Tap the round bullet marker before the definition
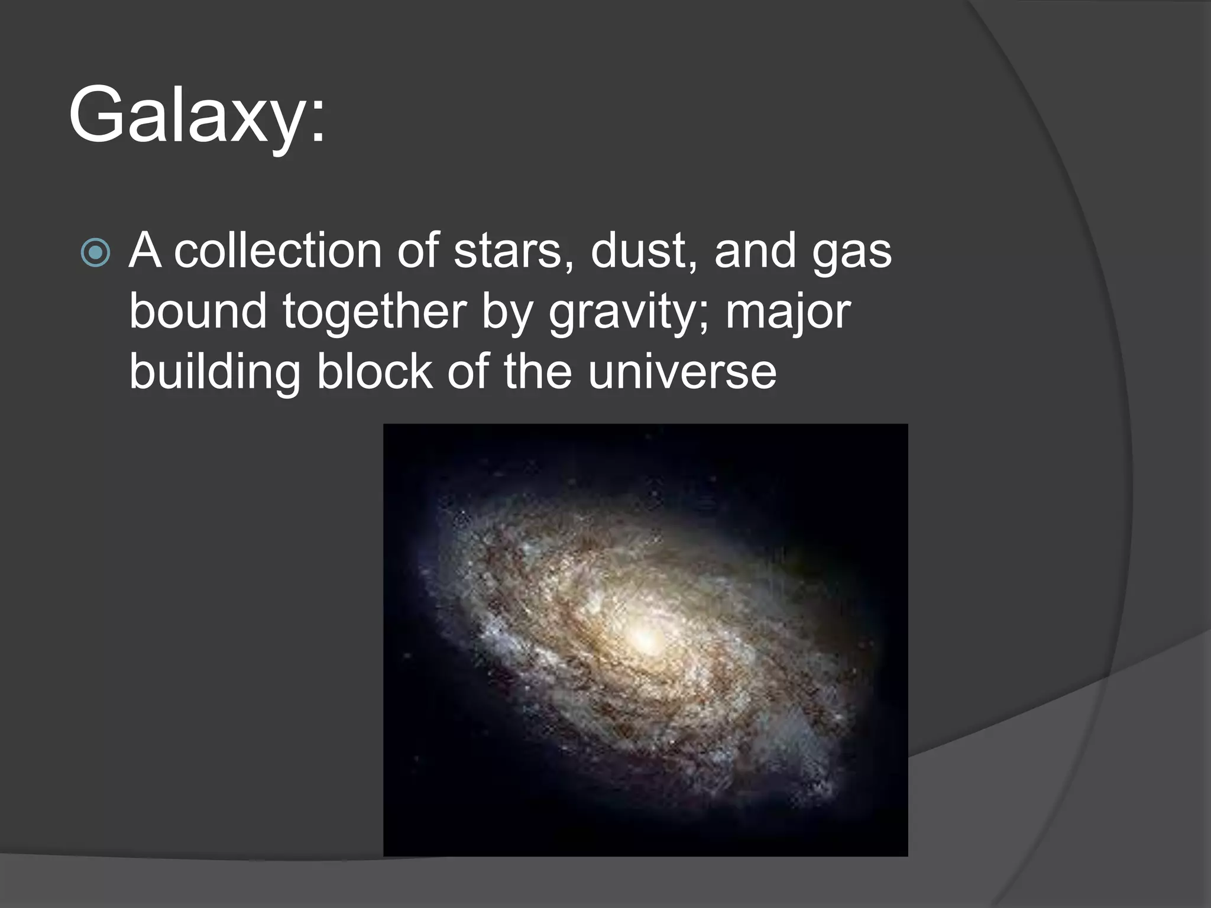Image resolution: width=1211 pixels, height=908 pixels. [95, 252]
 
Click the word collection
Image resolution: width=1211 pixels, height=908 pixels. [278, 251]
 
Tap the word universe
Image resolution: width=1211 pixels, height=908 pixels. [682, 372]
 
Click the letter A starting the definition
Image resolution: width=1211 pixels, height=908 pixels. [145, 251]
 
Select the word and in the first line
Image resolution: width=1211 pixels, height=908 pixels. [755, 251]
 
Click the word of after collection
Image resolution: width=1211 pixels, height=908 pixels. [417, 251]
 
